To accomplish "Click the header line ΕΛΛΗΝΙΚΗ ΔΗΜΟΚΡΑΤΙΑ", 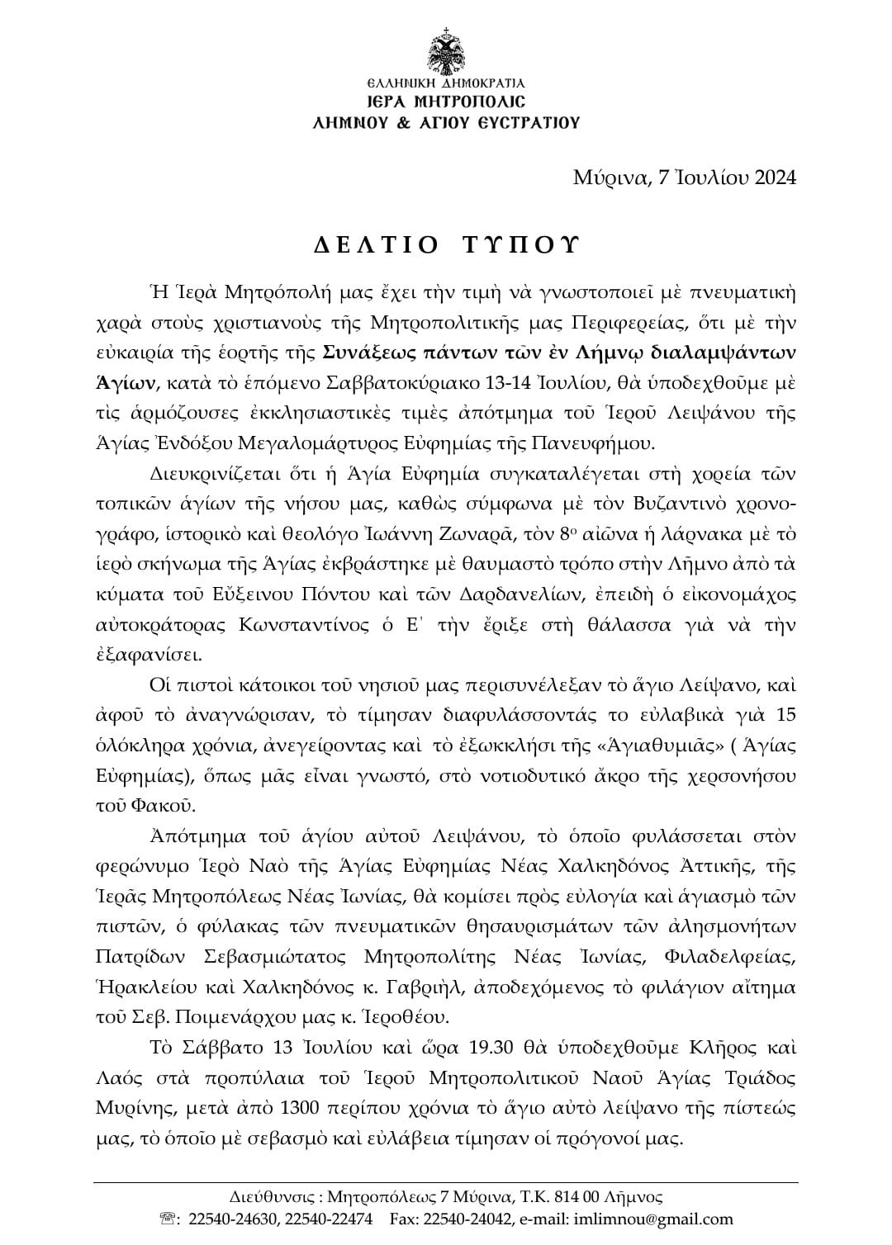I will tap(446, 83).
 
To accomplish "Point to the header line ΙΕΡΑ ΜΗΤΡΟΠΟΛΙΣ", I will tap(446, 102).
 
